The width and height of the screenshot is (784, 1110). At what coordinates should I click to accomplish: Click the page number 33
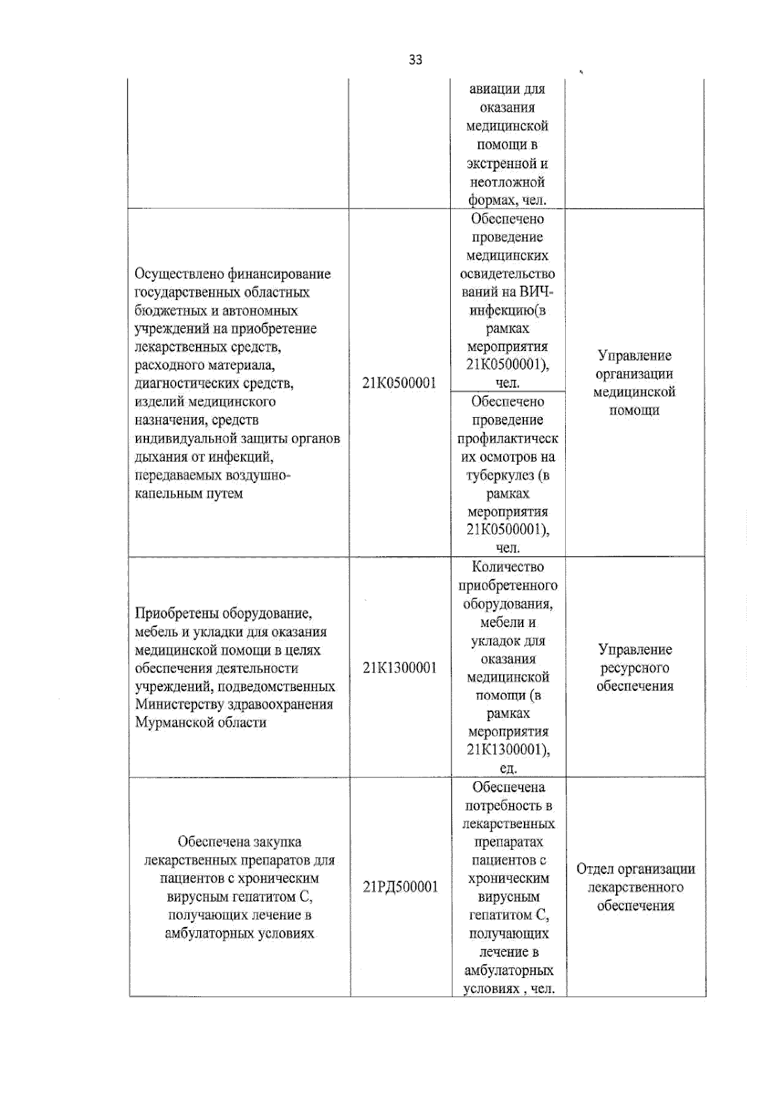[415, 59]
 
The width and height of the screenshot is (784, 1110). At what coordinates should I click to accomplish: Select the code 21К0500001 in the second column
[399, 383]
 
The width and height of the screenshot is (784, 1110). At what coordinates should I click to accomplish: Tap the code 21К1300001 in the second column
[399, 667]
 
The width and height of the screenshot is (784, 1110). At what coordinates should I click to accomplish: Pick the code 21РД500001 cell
[400, 887]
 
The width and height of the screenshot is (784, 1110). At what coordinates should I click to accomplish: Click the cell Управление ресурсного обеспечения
[634, 667]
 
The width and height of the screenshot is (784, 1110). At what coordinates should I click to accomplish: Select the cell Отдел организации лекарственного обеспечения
[635, 887]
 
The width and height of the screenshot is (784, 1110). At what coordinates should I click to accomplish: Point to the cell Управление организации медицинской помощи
[634, 383]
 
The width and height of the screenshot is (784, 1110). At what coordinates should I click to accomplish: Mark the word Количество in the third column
[508, 567]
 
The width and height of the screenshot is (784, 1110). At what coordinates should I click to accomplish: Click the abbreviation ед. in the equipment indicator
[508, 768]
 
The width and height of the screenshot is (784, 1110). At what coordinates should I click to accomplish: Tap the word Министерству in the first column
[178, 705]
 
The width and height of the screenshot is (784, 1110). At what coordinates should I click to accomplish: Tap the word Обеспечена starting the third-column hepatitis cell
[508, 788]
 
